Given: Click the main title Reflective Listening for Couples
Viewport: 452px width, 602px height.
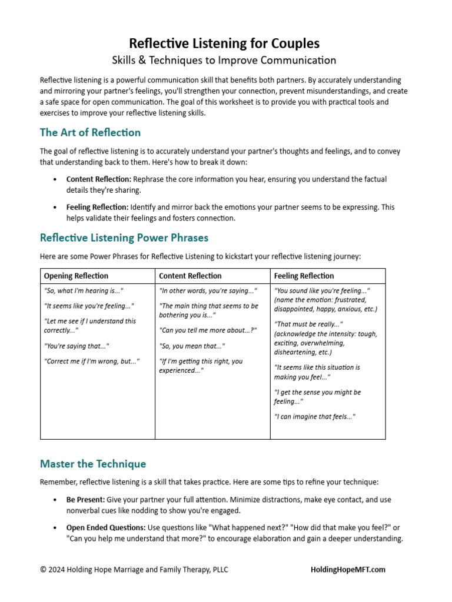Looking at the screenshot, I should (x=224, y=44).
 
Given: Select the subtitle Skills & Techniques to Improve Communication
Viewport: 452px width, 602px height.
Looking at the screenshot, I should (x=224, y=60).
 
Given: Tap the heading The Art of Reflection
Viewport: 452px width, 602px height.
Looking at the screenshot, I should (x=90, y=132).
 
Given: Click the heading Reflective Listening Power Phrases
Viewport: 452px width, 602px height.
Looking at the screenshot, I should (x=124, y=238).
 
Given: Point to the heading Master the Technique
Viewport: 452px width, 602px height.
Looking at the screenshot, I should (x=93, y=464).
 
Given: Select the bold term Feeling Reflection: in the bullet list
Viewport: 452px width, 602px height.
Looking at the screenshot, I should (x=97, y=207).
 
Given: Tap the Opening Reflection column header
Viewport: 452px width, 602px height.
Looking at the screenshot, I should (x=76, y=276).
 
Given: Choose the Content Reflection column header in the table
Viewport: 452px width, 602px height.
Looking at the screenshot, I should (x=190, y=276).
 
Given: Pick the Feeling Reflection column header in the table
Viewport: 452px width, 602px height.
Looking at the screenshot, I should (x=304, y=276).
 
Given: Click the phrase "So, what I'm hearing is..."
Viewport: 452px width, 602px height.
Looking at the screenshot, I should (x=84, y=290).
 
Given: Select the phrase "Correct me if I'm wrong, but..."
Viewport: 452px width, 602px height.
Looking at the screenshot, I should (x=91, y=361).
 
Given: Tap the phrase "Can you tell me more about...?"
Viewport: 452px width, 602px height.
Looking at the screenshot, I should (x=208, y=330).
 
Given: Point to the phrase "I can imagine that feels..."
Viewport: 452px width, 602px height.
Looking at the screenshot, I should (x=315, y=416).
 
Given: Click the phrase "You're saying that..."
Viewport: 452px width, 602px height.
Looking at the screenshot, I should (x=77, y=346).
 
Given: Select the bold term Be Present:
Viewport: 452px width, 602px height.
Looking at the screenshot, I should (x=85, y=499).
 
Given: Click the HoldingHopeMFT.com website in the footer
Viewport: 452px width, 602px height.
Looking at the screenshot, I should (x=348, y=569).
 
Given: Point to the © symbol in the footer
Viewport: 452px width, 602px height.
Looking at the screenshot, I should (x=43, y=570).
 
